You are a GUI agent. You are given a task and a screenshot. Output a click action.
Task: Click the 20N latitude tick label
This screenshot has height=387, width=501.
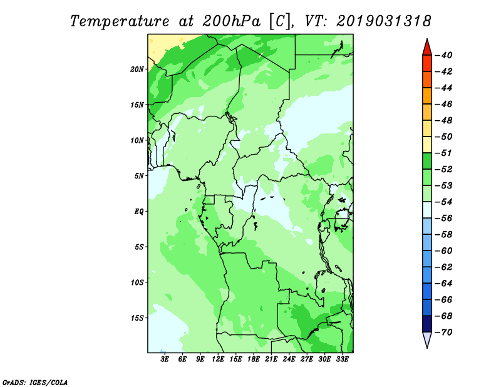click(x=137, y=70)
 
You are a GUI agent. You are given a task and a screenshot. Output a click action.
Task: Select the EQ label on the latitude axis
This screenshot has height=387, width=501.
click(x=138, y=212)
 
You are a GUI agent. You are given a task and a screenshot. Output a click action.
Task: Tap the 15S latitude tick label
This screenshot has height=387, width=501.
click(x=137, y=318)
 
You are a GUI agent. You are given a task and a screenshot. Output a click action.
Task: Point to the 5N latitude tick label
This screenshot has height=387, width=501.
click(x=139, y=176)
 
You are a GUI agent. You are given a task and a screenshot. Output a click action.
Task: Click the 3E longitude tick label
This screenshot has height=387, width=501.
click(x=165, y=359)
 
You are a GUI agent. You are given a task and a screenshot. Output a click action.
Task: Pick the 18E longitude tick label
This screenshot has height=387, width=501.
click(x=254, y=359)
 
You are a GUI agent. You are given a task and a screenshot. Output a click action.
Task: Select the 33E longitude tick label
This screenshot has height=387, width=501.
click(x=342, y=359)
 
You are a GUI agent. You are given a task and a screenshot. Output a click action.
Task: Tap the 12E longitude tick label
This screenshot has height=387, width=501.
click(x=218, y=359)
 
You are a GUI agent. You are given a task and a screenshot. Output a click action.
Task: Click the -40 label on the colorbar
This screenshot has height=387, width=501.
click(x=444, y=55)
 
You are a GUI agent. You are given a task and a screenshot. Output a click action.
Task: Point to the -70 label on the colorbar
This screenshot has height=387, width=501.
click(x=444, y=333)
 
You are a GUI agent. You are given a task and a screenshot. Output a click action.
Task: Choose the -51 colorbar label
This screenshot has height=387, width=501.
click(x=444, y=153)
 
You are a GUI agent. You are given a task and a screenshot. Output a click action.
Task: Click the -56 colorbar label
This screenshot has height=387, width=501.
click(x=444, y=219)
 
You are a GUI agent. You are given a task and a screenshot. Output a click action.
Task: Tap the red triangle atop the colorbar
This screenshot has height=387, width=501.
click(x=427, y=48)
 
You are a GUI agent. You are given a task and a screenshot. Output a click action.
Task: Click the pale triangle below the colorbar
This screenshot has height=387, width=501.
click(x=427, y=339)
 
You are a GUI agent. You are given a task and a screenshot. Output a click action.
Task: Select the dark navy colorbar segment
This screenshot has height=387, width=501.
click(x=427, y=324)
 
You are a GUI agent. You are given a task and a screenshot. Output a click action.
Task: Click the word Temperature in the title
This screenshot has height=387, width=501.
click(x=120, y=21)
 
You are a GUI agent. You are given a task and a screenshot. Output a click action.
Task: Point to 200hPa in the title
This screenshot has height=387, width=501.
click(x=231, y=21)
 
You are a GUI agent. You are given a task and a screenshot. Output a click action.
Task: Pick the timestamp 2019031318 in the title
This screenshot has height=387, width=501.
click(x=384, y=21)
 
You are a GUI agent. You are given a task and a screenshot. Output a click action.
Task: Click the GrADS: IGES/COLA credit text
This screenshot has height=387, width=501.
click(x=35, y=382)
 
